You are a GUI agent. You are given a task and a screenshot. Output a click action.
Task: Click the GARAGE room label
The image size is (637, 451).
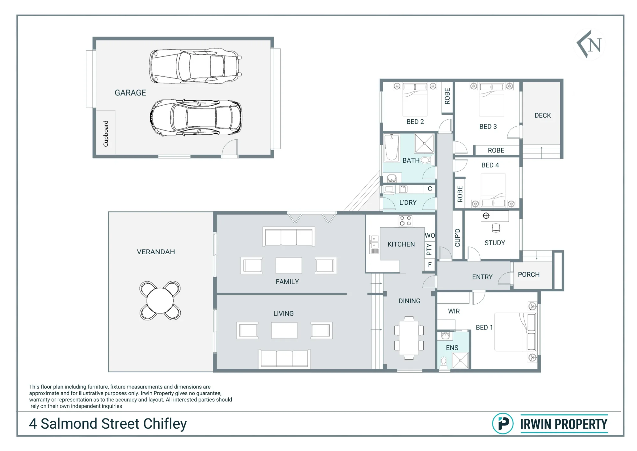[130, 93]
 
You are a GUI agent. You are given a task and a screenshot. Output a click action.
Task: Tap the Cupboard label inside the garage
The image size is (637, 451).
[106, 134]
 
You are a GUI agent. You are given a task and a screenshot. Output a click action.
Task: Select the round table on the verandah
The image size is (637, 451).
[160, 300]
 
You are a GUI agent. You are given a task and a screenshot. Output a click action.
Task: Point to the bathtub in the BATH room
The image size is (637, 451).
[391, 148]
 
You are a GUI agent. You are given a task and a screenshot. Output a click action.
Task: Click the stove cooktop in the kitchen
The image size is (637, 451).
[405, 221]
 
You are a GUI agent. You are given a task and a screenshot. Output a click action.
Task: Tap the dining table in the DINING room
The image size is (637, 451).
[409, 338]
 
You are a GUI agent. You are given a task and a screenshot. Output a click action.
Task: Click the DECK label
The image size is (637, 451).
[543, 115]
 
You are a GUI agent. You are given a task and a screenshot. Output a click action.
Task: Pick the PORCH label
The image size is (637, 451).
[529, 275]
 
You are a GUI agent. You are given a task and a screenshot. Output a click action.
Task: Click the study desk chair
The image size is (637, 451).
[496, 228]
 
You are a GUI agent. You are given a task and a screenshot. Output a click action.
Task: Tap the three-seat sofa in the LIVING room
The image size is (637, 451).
[284, 359]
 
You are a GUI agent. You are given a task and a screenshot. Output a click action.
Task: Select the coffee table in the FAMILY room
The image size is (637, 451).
[289, 265]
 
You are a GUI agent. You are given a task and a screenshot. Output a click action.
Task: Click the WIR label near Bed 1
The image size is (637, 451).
[454, 311]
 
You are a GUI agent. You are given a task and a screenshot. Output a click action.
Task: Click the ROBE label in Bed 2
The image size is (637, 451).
[447, 96]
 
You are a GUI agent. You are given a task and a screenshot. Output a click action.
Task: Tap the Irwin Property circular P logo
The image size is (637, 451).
[503, 424]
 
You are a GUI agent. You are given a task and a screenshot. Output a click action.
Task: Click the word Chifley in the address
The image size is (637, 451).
[165, 424]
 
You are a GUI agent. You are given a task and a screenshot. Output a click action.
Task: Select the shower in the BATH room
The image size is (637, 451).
[424, 144]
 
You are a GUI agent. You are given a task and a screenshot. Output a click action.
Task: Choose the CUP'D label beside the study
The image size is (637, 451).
[458, 238]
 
